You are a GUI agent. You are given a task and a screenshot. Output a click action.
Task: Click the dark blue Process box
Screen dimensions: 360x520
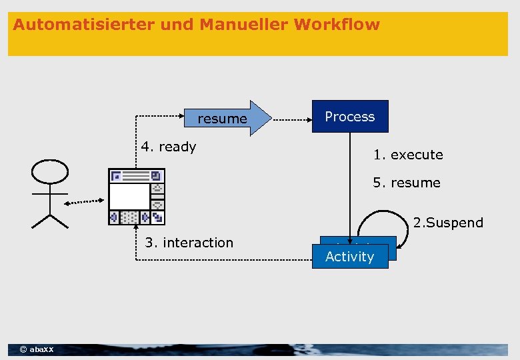[x=350, y=117]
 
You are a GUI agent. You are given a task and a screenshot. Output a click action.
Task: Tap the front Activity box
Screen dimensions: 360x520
[x=350, y=257]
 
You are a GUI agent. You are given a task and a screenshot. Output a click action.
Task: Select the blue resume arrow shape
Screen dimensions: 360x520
[x=227, y=119]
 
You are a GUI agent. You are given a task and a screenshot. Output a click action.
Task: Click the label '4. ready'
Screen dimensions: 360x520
[x=168, y=147]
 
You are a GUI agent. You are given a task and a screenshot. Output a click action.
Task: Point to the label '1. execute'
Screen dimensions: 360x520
[x=408, y=155]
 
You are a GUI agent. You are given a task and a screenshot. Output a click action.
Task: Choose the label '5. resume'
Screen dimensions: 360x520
[x=407, y=183]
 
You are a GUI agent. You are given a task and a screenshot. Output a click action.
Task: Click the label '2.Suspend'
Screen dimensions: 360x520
[x=448, y=223]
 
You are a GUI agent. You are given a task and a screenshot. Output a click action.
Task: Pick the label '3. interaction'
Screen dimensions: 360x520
[x=189, y=243]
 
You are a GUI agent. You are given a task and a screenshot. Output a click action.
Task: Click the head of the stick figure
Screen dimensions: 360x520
[x=50, y=171]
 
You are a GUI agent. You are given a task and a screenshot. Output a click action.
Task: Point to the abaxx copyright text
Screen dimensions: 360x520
[x=37, y=349]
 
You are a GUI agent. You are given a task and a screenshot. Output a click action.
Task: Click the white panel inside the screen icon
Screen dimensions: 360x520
[x=129, y=197]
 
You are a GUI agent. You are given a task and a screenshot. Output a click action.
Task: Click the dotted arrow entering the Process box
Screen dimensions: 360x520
[x=293, y=121]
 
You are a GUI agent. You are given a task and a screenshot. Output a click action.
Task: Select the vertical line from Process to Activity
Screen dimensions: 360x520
[x=350, y=180]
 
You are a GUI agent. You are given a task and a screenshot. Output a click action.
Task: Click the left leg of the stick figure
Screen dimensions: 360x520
[x=41, y=221]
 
